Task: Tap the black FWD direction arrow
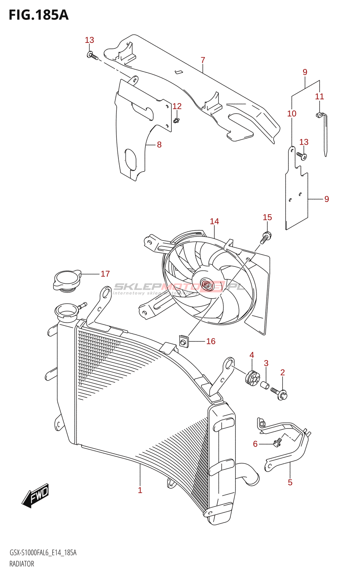tap(35, 496)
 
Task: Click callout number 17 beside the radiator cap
tap(105, 274)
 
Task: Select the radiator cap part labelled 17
tap(67, 280)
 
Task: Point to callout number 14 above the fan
tap(214, 221)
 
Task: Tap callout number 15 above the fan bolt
tap(267, 217)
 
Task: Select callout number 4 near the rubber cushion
tap(252, 355)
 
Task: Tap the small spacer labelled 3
tap(265, 386)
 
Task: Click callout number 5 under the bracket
tap(290, 482)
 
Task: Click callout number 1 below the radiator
tap(140, 490)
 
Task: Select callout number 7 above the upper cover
tap(203, 60)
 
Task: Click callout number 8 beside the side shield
tap(159, 145)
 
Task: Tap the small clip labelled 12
tap(176, 120)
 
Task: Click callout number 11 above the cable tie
tap(319, 96)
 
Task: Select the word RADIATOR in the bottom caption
tap(22, 564)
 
